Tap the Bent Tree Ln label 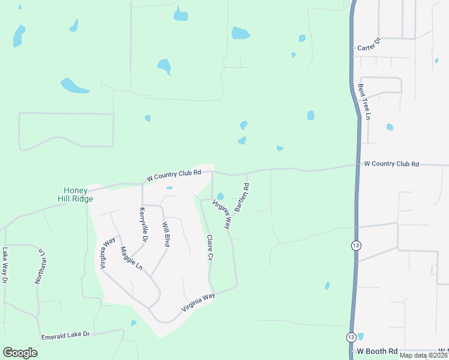363,101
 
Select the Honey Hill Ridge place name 74,194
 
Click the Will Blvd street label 166,235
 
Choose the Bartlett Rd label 241,197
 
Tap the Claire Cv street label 210,247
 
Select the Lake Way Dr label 5,265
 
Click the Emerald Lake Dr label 65,335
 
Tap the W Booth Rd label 378,351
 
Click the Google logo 20,353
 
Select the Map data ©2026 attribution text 424,355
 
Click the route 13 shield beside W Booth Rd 351,337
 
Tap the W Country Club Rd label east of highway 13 391,164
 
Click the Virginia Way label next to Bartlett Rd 220,214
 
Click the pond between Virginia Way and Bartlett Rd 220,196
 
